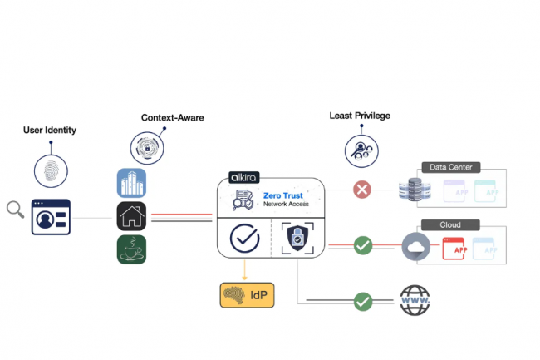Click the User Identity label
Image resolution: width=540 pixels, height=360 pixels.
(49, 131)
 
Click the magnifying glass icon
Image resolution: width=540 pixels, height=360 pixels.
(15, 210)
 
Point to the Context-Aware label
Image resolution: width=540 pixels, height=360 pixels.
(172, 117)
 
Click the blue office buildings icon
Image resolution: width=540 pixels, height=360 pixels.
(131, 183)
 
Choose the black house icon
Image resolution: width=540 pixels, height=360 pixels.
(131, 216)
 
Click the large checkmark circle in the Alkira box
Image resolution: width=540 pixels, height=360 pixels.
(244, 239)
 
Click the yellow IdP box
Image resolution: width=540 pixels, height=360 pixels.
(247, 295)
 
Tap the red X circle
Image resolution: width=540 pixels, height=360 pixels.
(361, 190)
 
